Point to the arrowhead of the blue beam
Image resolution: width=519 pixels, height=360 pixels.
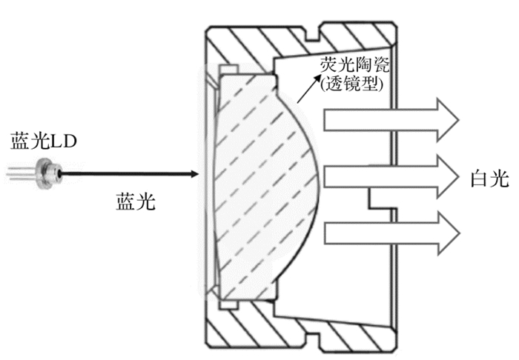[x=194, y=175]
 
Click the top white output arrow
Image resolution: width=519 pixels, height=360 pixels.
[x=393, y=117]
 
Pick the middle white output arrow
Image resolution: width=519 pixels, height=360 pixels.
[x=393, y=175]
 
